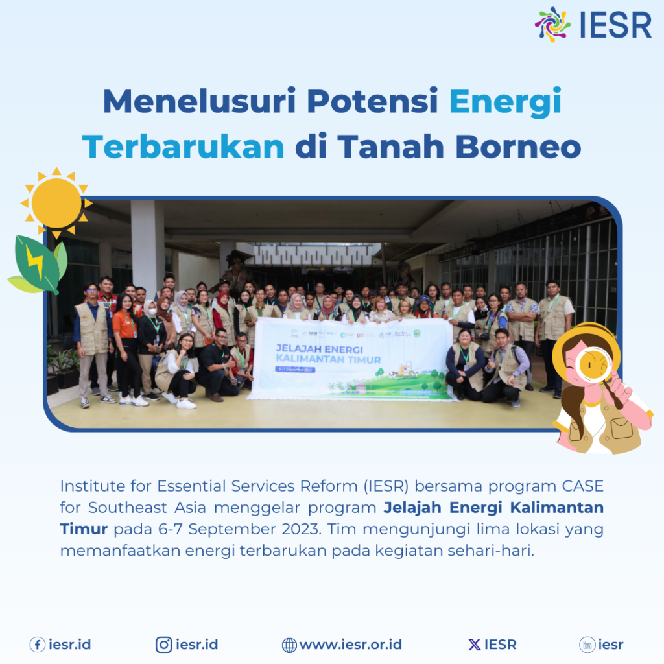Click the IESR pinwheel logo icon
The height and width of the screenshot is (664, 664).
552,25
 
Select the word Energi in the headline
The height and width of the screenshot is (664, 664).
505,102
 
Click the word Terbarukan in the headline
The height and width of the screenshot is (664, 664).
184,147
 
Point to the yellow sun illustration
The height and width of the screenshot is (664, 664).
56,203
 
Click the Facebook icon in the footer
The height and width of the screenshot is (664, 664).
37,645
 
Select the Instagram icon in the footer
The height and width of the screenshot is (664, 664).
164,645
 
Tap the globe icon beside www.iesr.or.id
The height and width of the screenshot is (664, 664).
289,645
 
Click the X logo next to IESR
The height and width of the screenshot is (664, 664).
475,645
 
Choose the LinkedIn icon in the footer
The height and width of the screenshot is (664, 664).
587,645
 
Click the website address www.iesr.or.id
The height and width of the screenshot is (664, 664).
350,645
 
